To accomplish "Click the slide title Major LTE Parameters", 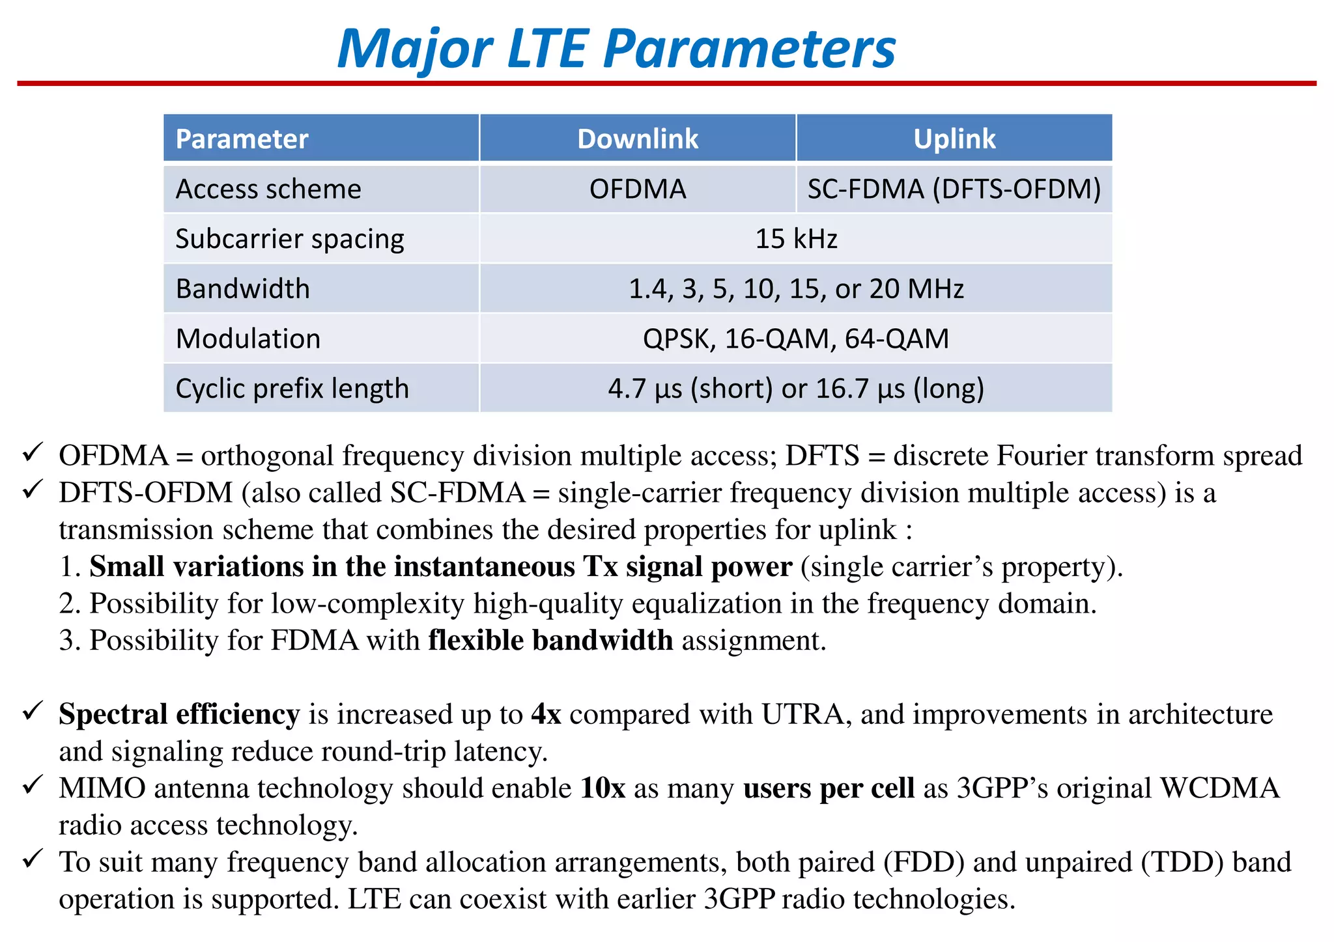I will click(x=616, y=49).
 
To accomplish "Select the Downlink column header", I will click(x=637, y=139).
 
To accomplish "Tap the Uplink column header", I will click(x=954, y=139).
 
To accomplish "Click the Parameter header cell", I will click(x=242, y=139).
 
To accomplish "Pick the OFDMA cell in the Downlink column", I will click(x=637, y=189).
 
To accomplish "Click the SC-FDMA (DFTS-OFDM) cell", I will click(x=954, y=189).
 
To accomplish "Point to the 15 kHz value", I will click(x=795, y=239).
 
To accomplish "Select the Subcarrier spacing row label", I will click(x=289, y=239).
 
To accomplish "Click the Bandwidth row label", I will click(x=242, y=289).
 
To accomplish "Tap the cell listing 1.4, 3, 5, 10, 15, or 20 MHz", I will click(x=795, y=289).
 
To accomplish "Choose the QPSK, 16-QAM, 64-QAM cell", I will click(x=795, y=339).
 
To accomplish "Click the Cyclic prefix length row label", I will click(x=292, y=389).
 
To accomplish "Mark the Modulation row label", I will click(x=248, y=339).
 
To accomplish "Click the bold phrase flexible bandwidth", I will click(x=550, y=641).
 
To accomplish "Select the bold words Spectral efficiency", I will click(x=179, y=714).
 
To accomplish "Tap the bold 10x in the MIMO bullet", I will click(x=603, y=788).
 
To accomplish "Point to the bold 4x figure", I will click(x=546, y=714).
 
